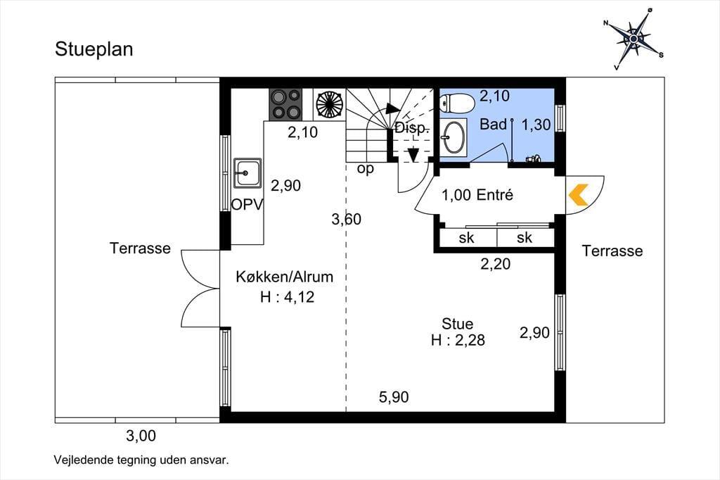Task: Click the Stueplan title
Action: [94, 49]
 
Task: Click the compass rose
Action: [634, 39]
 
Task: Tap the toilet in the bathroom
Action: [456, 103]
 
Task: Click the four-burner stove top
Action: [285, 104]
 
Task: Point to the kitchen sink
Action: [247, 173]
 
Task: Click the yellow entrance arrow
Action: [579, 195]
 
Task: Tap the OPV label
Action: [247, 205]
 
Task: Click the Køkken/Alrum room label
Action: [285, 277]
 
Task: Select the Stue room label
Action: [457, 324]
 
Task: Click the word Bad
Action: [493, 124]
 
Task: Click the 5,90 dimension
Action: [394, 397]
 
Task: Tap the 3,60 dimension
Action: [346, 220]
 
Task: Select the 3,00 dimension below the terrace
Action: [141, 436]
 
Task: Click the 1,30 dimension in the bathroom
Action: [536, 124]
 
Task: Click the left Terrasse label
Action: [140, 248]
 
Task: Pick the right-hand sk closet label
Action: [525, 238]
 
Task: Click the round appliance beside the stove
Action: [329, 104]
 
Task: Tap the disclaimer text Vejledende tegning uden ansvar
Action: [141, 460]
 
